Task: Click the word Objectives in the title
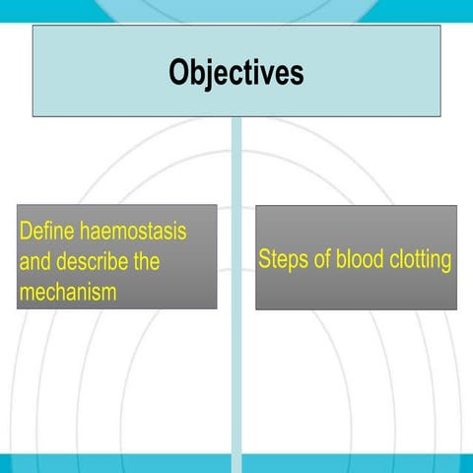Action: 236,73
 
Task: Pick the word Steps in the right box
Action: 282,260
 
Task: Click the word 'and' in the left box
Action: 34,263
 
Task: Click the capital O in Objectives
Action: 178,73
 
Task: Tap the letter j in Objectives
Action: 210,75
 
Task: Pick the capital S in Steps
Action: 264,260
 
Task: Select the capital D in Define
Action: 26,235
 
